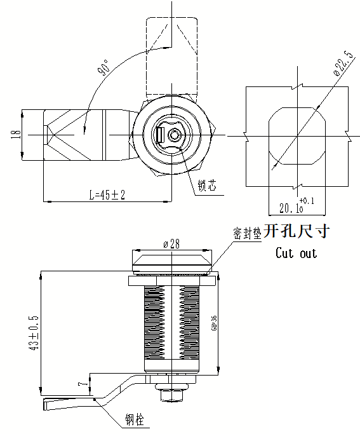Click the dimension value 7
(80, 384)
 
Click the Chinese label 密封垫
(247, 233)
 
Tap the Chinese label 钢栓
(134, 419)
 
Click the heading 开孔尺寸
(297, 231)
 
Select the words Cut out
(296, 253)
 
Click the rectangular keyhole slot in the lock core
(161, 136)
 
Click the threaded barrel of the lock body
(171, 324)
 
